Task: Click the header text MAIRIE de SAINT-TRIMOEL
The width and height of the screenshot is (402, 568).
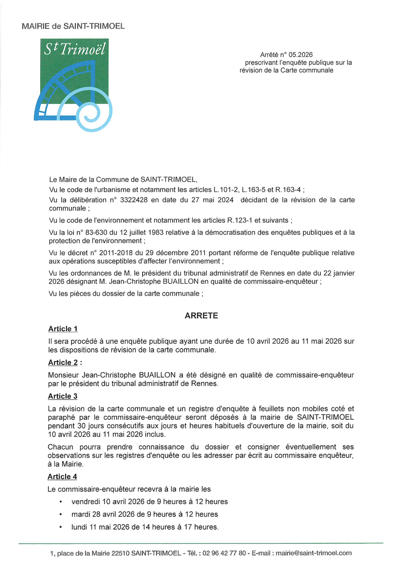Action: coord(73,26)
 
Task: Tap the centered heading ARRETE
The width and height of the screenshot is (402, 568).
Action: coord(201,315)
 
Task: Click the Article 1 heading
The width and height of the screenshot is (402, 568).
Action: coord(63,329)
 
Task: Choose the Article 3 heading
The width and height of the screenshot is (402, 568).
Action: coord(63,396)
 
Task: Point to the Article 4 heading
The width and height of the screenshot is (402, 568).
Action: coord(63,477)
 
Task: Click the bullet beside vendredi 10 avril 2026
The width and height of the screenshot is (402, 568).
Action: coord(60,502)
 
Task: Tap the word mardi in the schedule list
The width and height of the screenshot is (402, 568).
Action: coord(80,514)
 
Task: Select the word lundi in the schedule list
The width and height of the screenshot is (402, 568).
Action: coord(80,527)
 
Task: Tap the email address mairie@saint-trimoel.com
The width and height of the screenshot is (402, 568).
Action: coord(314,553)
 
